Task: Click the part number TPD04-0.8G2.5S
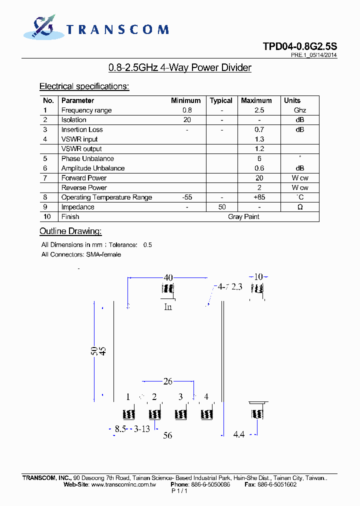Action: point(300,46)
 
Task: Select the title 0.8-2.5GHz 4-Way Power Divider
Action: point(180,68)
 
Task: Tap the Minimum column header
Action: point(185,100)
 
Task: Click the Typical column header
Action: point(221,100)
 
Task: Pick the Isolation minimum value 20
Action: point(187,120)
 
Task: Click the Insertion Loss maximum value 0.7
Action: point(259,129)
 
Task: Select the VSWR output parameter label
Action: point(81,149)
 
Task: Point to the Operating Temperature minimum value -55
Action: point(187,197)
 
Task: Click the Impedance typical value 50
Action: point(221,207)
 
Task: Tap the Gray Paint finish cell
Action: point(243,216)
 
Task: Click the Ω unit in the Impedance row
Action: point(299,207)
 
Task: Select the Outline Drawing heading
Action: point(70,231)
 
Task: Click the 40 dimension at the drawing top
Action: point(168,277)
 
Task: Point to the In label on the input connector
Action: point(168,307)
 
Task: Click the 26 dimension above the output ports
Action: point(168,381)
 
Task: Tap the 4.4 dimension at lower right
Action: point(239,435)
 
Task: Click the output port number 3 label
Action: point(180,397)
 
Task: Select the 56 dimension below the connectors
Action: point(167,435)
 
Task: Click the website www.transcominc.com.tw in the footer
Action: point(123,484)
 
